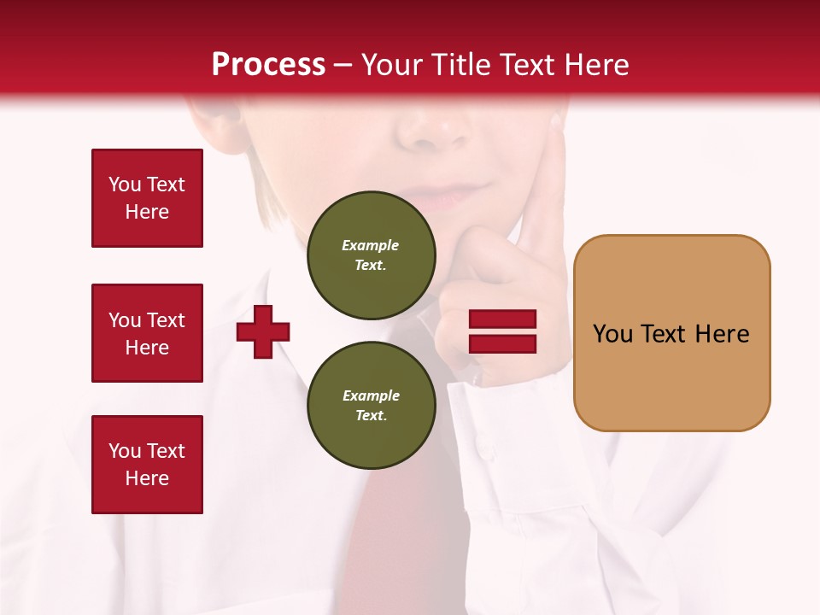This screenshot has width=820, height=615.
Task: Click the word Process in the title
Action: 268,65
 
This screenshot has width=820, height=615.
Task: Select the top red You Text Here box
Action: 147,198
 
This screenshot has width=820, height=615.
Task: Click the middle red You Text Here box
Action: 147,333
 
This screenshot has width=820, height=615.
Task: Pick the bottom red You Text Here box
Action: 147,465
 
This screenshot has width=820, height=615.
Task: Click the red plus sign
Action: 263,331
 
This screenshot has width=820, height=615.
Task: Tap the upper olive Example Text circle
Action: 371,255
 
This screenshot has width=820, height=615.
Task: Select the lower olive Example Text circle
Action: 371,406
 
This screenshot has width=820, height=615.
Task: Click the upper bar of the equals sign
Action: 502,319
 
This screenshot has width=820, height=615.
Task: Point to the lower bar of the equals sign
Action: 502,344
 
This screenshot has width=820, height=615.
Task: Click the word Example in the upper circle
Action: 371,245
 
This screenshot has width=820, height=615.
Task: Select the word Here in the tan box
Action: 723,334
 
